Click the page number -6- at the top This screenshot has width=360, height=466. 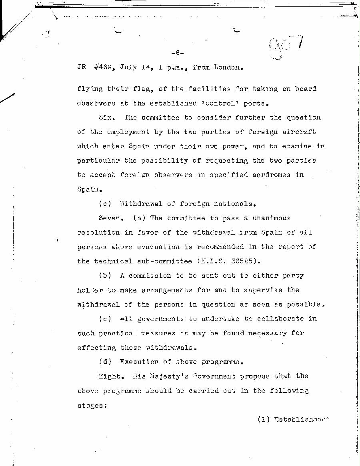click(177, 53)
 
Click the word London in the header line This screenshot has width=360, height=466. click(227, 68)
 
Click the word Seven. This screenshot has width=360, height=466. click(110, 218)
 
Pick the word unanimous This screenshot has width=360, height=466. click(267, 218)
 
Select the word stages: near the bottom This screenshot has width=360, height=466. click(90, 405)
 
